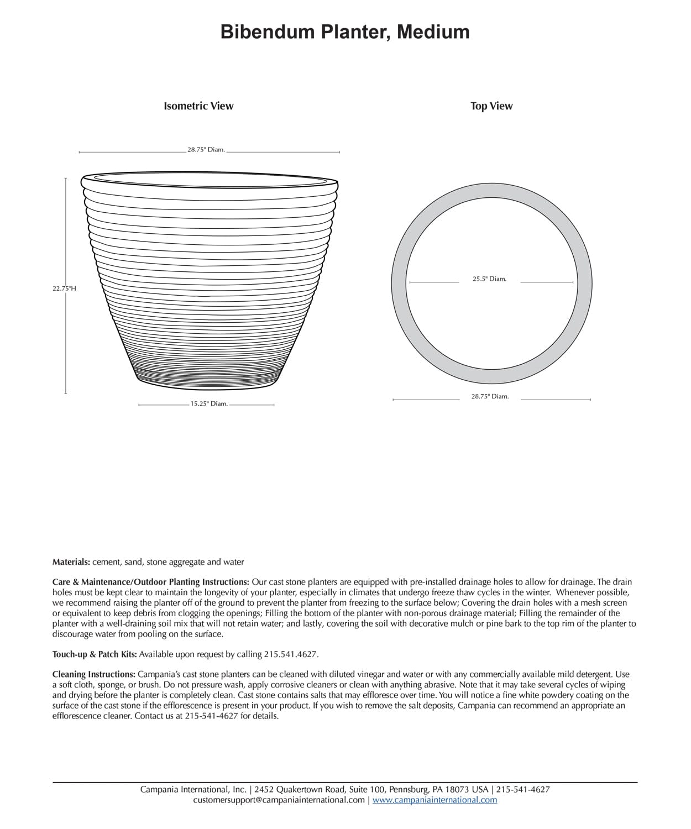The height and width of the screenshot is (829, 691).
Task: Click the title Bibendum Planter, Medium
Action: (345, 32)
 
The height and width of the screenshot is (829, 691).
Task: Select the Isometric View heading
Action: (198, 106)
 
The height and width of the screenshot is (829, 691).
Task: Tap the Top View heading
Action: (491, 106)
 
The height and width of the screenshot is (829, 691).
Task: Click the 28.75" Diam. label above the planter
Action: (206, 150)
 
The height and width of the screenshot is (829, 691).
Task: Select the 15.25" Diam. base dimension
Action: (209, 404)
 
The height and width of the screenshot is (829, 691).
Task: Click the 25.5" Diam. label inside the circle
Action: (489, 279)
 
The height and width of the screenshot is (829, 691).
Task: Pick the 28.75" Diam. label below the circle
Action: (490, 396)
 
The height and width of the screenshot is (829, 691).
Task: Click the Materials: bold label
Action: (71, 562)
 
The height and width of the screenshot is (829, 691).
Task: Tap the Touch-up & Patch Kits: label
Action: (95, 654)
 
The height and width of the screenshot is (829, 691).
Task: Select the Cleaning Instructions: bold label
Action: (94, 675)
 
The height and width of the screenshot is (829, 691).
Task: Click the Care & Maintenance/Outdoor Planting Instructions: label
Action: (151, 582)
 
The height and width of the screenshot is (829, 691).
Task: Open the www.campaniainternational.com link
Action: (435, 800)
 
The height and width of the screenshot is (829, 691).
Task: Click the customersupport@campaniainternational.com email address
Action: (279, 800)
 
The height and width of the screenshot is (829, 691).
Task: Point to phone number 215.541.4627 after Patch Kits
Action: (291, 654)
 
